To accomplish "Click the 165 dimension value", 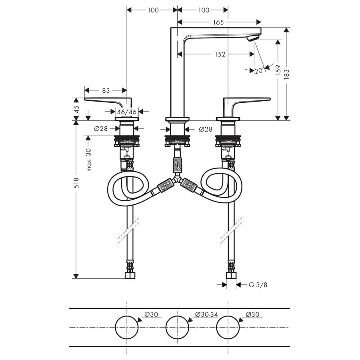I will pyautogui.click(x=218, y=22).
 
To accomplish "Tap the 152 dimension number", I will pyautogui.click(x=219, y=54).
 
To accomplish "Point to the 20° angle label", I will pyautogui.click(x=259, y=71).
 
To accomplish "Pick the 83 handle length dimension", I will pyautogui.click(x=106, y=91).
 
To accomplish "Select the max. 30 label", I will pyautogui.click(x=89, y=159).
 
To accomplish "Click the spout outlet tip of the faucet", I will pyautogui.click(x=251, y=38).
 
